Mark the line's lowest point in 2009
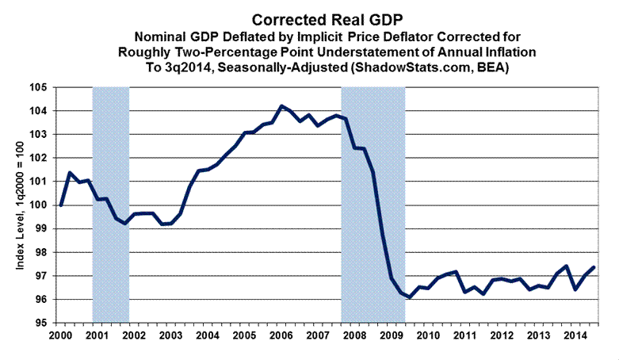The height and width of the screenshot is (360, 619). click(410, 298)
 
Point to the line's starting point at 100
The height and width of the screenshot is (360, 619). click(61, 205)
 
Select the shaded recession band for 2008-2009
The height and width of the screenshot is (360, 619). click(373, 198)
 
